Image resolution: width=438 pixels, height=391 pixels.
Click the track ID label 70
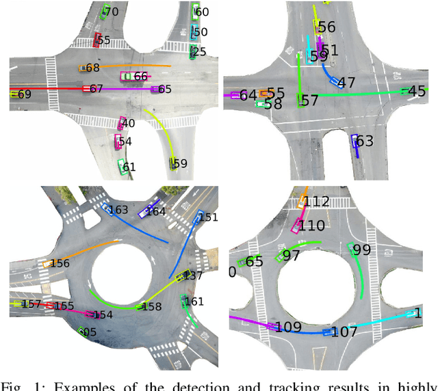tap(112, 12)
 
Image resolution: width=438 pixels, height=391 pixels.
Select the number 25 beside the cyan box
tap(200, 51)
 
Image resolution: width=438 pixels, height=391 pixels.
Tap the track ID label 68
tap(92, 68)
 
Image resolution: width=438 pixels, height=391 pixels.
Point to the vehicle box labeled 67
tap(86, 89)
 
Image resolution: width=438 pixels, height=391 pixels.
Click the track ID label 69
tap(25, 94)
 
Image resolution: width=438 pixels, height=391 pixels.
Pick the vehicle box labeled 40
tap(121, 123)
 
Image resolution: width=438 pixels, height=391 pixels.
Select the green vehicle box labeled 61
tap(121, 165)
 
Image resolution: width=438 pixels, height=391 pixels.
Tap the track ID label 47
tap(346, 83)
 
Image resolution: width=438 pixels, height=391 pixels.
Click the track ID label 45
tap(417, 90)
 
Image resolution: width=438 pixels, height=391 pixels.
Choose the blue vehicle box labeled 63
tap(355, 141)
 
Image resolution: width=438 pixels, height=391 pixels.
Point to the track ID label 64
tap(248, 94)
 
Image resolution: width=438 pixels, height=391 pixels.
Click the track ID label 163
tap(119, 209)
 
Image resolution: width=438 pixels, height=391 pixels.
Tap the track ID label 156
tap(60, 263)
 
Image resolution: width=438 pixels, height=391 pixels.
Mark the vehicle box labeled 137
tap(183, 275)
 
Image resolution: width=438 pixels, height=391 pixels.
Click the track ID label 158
tap(151, 307)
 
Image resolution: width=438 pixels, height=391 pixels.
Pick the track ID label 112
tap(316, 201)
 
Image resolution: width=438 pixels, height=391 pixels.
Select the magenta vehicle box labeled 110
tap(297, 224)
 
